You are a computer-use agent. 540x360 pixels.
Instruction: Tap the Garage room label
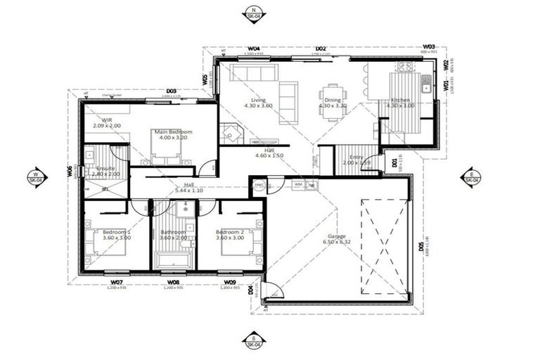(334, 237)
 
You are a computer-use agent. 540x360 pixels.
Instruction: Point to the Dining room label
(333, 101)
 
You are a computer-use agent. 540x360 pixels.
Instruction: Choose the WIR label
(107, 120)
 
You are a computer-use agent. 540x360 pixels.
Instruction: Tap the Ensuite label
(105, 169)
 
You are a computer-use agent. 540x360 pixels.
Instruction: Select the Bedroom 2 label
(229, 232)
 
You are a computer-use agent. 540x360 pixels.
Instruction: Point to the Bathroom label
(173, 232)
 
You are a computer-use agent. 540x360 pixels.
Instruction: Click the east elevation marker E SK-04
(470, 176)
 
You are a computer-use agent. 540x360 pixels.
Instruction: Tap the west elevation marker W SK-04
(36, 176)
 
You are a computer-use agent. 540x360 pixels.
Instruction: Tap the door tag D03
(171, 91)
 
